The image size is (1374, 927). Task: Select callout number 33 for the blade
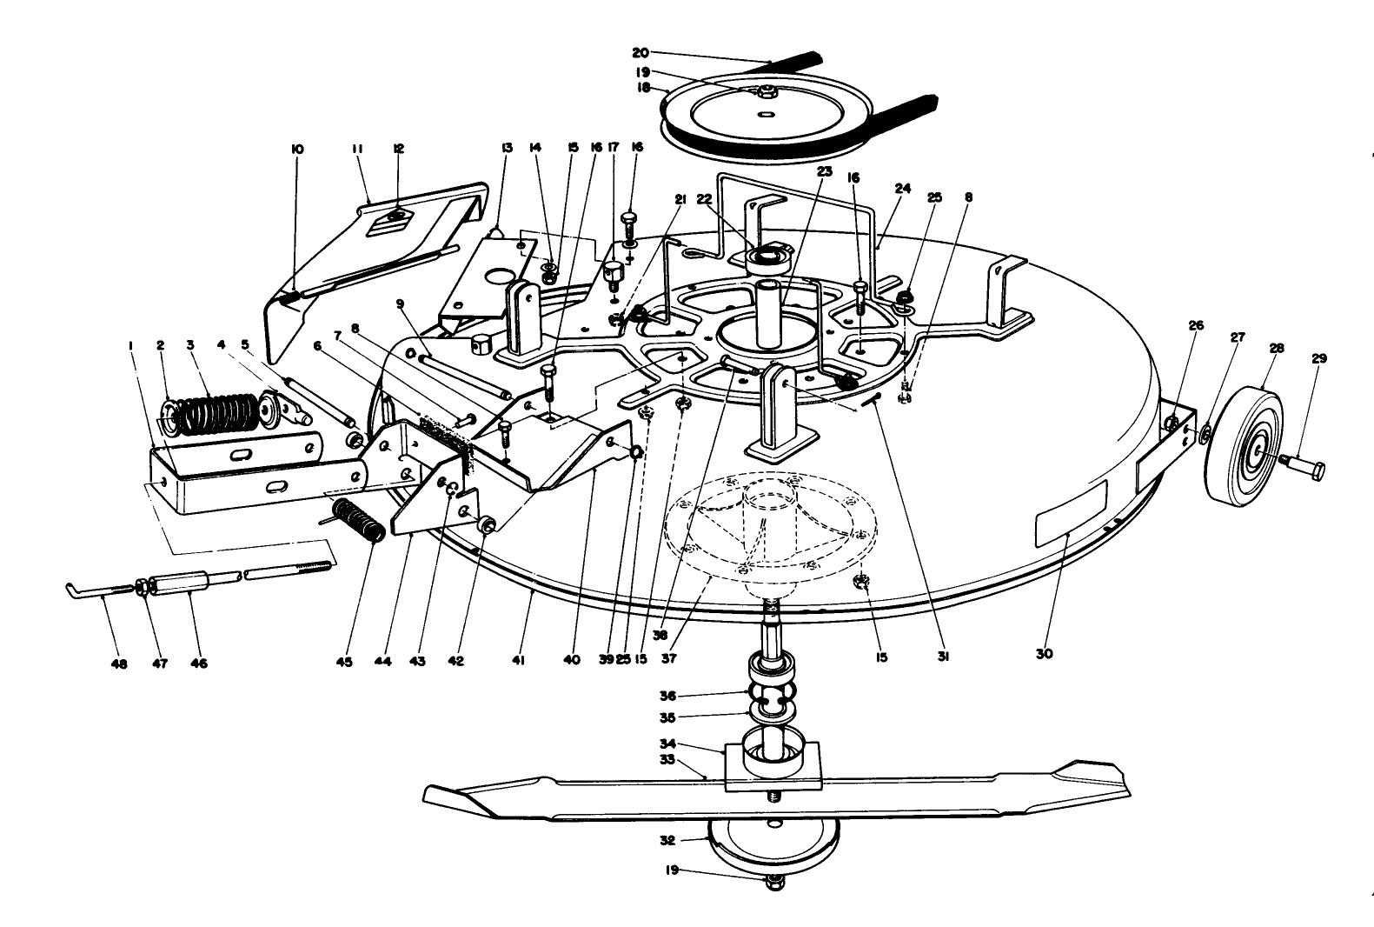tap(692, 759)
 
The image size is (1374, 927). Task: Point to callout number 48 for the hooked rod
tap(119, 664)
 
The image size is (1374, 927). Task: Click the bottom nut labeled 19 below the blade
tap(771, 884)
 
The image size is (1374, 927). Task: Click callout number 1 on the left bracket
tap(130, 345)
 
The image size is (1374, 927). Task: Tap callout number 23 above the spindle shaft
tap(824, 172)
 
